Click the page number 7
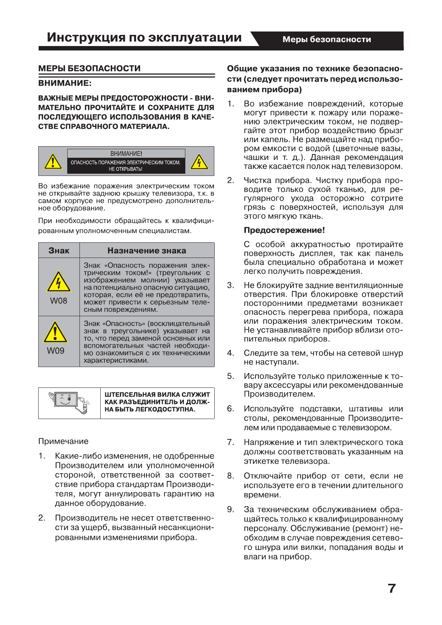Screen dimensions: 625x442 point(392,589)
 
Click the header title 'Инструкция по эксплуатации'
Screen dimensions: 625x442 point(144,37)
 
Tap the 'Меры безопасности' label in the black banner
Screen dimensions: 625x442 point(326,39)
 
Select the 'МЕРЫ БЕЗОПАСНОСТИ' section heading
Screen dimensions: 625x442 point(90,69)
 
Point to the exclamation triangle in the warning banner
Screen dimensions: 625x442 point(53,161)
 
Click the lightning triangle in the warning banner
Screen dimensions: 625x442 point(199,161)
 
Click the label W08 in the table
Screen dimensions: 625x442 point(59,301)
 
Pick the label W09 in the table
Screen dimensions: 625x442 point(55,351)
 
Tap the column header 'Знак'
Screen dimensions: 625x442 point(59,251)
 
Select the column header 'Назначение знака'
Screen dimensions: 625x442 point(147,251)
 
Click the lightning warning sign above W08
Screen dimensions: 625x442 point(59,282)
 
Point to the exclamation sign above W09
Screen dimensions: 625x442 point(55,332)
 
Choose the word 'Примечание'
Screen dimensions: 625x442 point(64,441)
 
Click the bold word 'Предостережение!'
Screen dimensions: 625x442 point(284,230)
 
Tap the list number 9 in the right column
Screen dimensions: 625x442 point(231,510)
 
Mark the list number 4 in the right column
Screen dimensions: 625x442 point(231,353)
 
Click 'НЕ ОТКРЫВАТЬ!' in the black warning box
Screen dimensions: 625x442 point(126,169)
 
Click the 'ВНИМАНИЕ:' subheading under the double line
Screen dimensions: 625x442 point(65,83)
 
